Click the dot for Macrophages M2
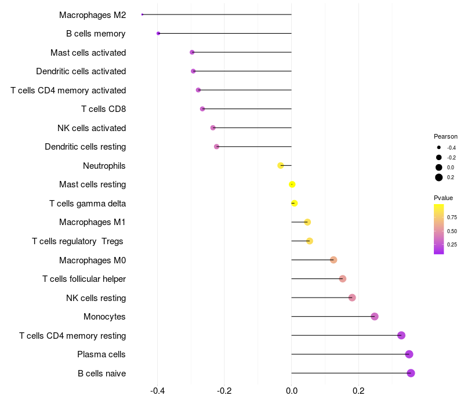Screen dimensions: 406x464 coord(142,14)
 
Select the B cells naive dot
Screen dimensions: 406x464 coord(411,373)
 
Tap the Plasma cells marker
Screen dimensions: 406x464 coord(409,354)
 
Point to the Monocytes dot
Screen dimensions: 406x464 coord(375,317)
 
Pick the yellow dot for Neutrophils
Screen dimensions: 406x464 coord(281,166)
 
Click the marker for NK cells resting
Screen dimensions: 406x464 coord(352,298)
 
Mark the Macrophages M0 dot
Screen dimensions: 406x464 coord(333,260)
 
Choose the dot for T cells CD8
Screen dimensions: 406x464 coord(202,109)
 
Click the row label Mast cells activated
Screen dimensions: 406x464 coord(88,53)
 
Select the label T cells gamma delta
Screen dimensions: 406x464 coord(88,204)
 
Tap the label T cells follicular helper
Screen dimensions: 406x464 coord(84,279)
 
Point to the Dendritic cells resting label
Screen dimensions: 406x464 coord(85,147)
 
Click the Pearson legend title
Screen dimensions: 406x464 coord(445,136)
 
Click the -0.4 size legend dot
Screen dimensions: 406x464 coord(439,147)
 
